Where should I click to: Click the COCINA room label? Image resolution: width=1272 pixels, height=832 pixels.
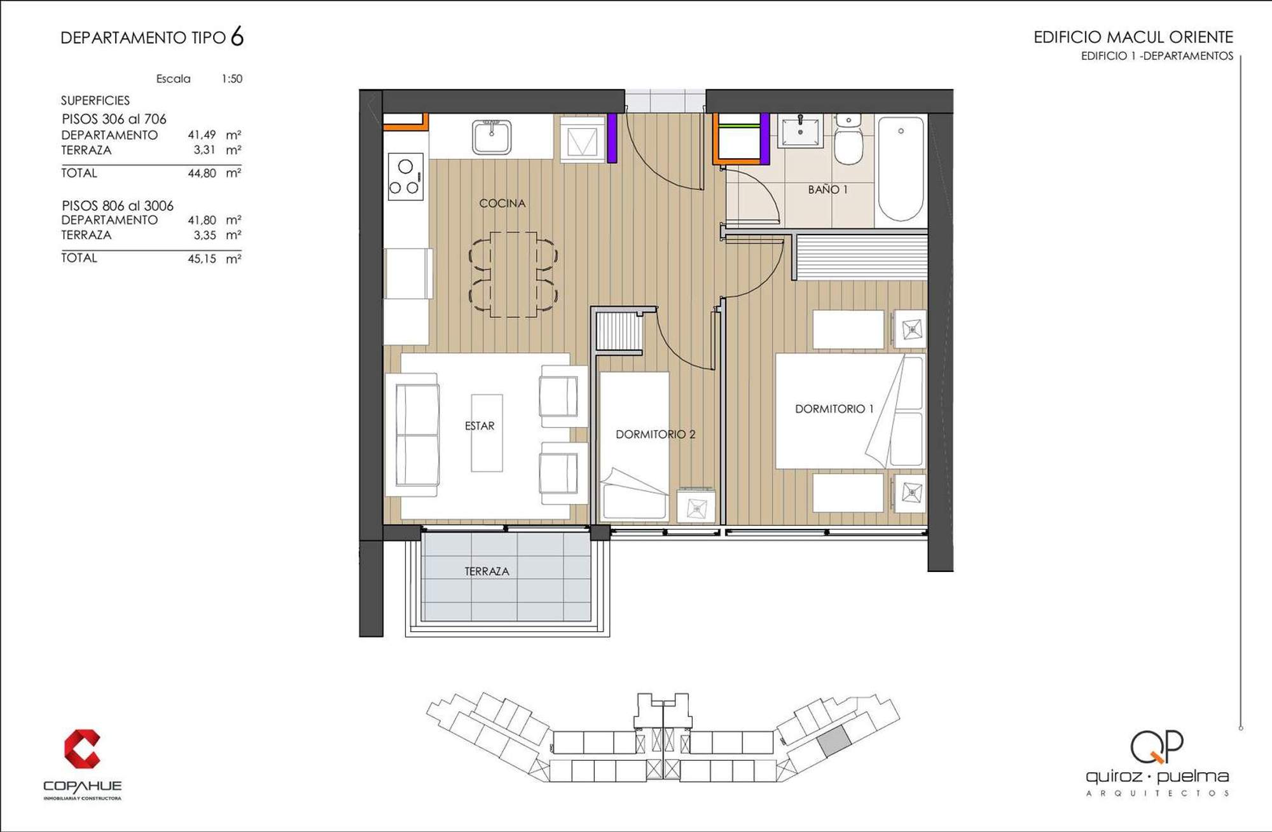[502, 203]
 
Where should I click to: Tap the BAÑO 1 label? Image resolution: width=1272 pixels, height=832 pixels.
[827, 189]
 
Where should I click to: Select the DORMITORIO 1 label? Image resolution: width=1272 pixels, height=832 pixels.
[834, 409]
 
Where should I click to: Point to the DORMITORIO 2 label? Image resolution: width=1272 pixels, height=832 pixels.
[655, 434]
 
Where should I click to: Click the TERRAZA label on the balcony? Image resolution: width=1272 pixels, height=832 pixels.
[487, 571]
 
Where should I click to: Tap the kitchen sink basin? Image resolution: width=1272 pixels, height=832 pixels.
[492, 137]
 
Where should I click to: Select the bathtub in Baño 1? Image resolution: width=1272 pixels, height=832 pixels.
[901, 168]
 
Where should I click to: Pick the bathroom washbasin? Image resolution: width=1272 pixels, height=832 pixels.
[800, 130]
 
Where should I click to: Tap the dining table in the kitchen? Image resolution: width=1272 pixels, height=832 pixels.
[513, 275]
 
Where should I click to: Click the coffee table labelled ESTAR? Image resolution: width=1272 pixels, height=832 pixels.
[487, 433]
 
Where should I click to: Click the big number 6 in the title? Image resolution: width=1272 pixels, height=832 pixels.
[237, 36]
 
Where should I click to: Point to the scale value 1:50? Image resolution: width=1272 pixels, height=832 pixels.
[232, 79]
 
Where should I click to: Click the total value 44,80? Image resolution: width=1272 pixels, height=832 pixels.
[202, 173]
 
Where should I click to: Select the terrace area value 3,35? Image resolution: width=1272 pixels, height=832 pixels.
[205, 235]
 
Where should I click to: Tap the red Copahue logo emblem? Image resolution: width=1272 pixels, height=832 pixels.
[81, 749]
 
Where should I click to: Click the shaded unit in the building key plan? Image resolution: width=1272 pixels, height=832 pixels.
[834, 741]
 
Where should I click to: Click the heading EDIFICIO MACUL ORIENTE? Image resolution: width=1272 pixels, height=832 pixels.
[1133, 37]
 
